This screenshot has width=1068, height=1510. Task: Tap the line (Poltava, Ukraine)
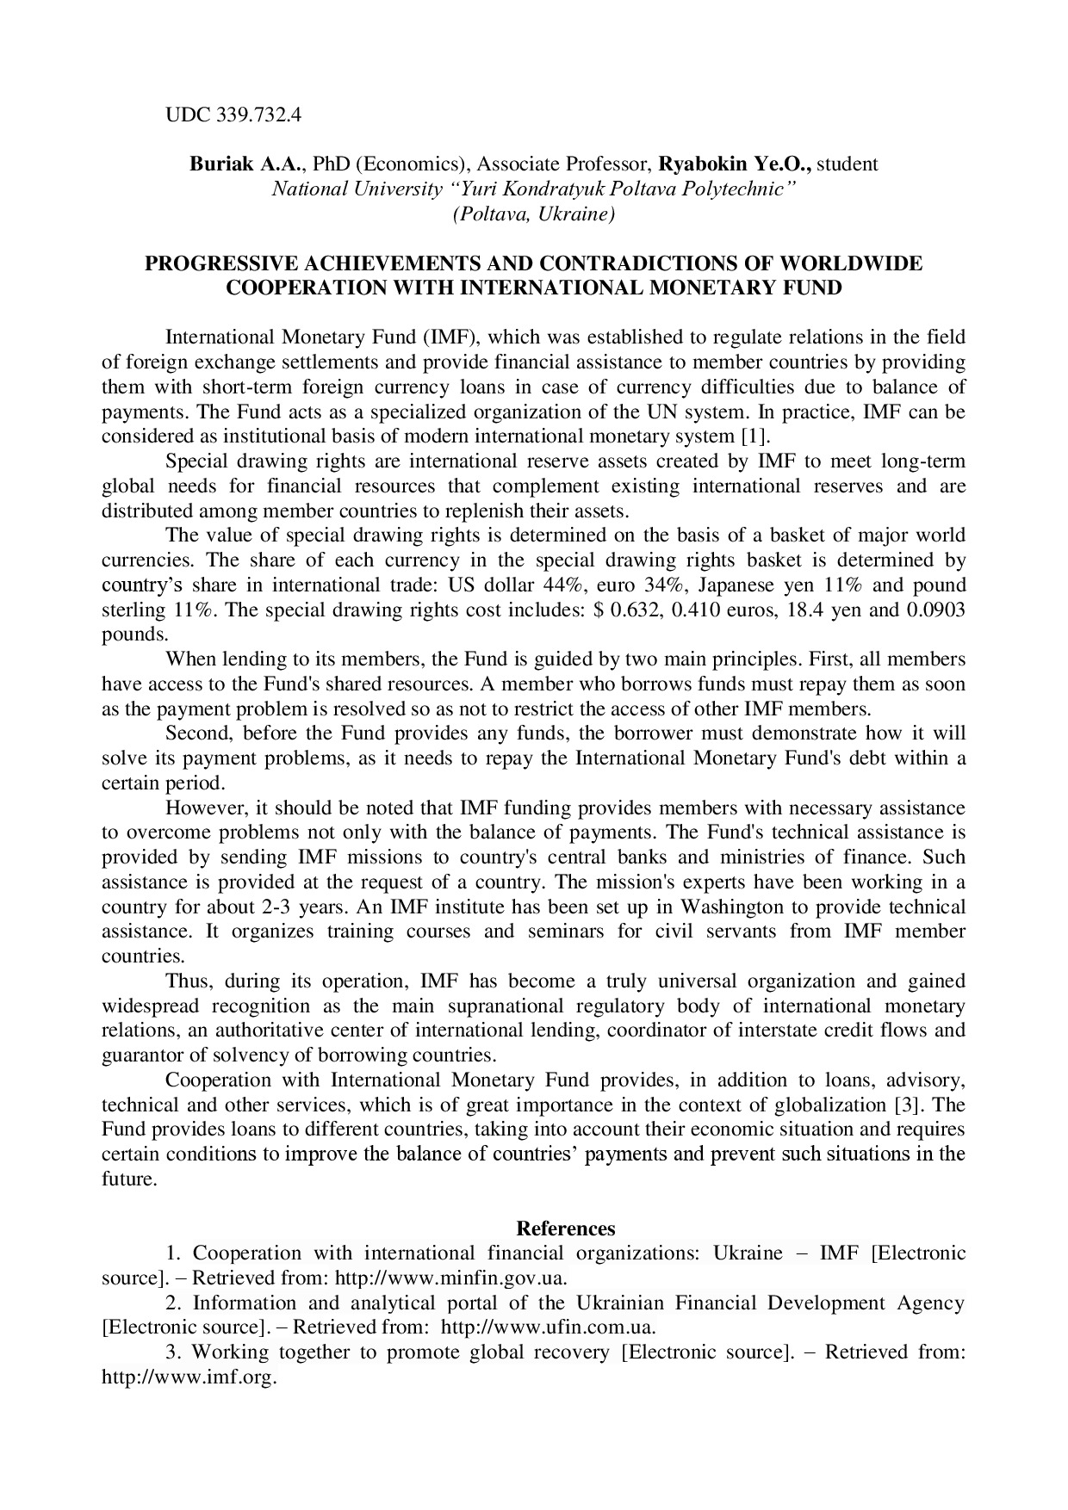pyautogui.click(x=533, y=214)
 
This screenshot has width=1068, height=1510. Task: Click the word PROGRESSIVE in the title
pyautogui.click(x=220, y=263)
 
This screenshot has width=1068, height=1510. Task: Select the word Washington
pyautogui.click(x=732, y=907)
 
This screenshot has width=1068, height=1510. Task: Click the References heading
pyautogui.click(x=565, y=1228)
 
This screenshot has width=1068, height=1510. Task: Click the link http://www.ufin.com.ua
pyautogui.click(x=548, y=1327)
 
